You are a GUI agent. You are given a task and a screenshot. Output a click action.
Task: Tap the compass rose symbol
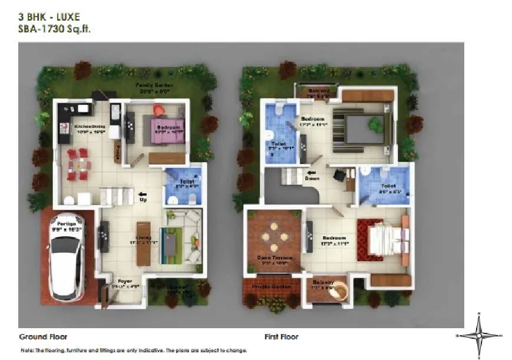[x=479, y=335]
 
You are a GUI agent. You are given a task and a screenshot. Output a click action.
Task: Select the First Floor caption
[x=281, y=337]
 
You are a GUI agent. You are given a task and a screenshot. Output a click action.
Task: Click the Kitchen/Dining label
[x=88, y=126]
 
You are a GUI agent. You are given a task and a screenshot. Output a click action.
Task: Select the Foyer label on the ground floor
[x=124, y=281]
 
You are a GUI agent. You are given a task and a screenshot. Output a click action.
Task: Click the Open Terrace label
[x=272, y=258]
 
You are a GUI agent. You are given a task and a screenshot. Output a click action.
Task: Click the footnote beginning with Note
[x=134, y=350]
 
